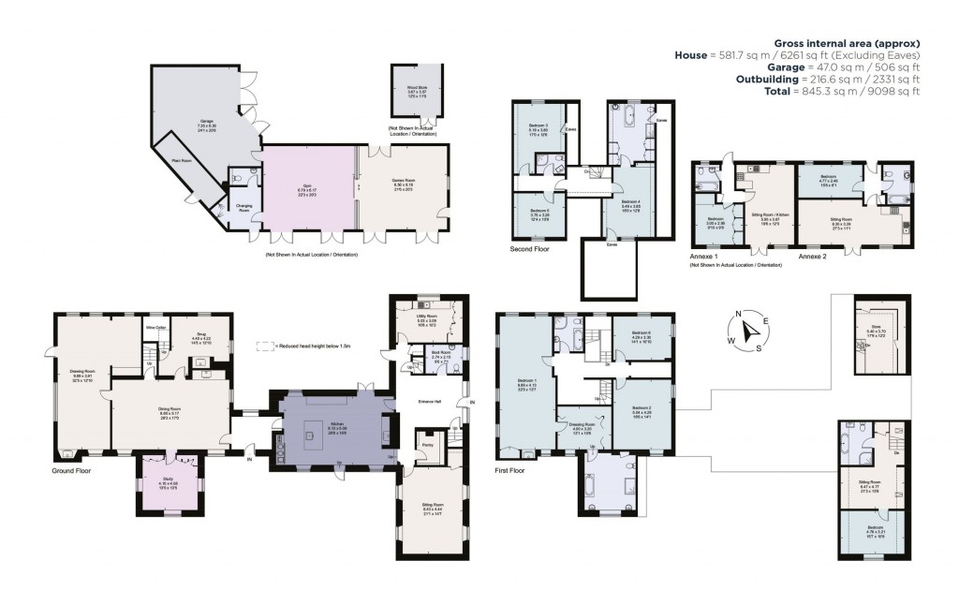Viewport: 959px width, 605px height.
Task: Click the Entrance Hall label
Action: click(431, 400)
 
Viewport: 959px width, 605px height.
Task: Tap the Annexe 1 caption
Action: click(707, 256)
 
